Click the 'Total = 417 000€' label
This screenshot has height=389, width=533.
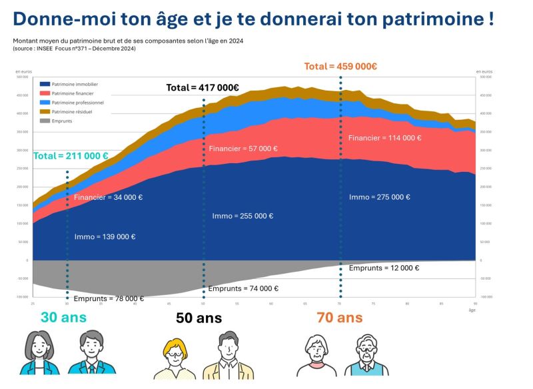click(x=202, y=87)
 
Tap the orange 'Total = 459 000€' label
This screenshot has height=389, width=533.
click(x=340, y=66)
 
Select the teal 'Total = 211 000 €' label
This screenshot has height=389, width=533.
click(x=71, y=156)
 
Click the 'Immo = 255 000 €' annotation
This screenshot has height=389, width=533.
click(x=243, y=216)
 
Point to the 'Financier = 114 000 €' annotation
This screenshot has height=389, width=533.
click(x=385, y=138)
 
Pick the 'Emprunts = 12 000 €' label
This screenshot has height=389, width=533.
click(x=384, y=268)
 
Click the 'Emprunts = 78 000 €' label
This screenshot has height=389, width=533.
click(x=109, y=298)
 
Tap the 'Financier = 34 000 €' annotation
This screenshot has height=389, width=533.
click(x=108, y=197)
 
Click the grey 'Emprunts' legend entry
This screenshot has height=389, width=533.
click(x=62, y=121)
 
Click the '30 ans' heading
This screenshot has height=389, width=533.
click(x=63, y=317)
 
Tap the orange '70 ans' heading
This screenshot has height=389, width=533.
click(x=340, y=317)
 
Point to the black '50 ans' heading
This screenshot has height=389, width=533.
click(x=199, y=318)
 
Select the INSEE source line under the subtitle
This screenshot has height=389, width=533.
click(x=74, y=48)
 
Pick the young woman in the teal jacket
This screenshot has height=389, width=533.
click(x=39, y=354)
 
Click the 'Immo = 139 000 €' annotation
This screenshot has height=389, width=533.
click(x=105, y=236)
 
